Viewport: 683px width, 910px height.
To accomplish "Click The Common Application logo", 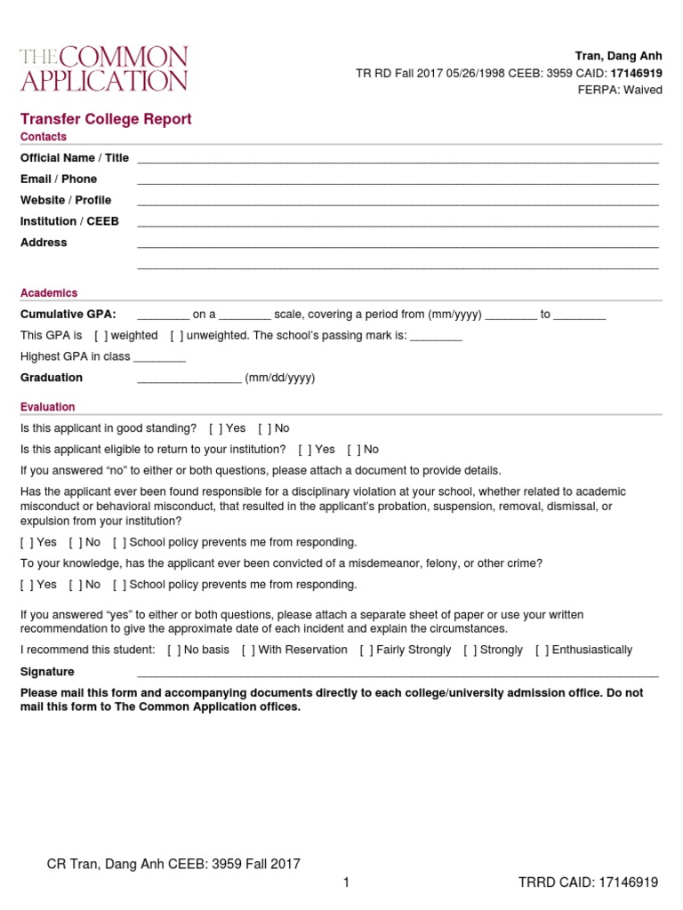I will pos(104,69).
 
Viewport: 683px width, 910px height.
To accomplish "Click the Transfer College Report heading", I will pos(106,119).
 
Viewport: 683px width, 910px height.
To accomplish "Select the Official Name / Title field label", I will pos(75,158).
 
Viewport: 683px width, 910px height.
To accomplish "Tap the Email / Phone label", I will pos(59,180).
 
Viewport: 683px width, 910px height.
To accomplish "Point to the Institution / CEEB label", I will pos(69,221).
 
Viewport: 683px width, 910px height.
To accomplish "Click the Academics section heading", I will pos(49,293).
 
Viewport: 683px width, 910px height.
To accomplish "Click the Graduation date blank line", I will pos(189,379).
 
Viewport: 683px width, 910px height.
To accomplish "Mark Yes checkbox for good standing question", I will pos(216,428).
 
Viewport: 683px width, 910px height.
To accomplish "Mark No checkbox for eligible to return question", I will pos(353,450).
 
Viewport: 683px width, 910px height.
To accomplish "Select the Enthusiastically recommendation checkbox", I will pos(542,651).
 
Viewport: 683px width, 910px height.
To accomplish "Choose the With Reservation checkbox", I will pos(248,651).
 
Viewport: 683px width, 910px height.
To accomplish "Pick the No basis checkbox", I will pos(174,651).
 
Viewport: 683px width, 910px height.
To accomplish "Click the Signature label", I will pos(47,672).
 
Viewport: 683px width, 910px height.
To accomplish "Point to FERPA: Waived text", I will pos(620,91).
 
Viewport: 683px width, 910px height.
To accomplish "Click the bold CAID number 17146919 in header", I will pos(636,73).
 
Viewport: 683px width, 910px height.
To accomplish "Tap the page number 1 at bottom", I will pos(346,882).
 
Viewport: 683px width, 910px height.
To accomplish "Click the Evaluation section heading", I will pos(48,407).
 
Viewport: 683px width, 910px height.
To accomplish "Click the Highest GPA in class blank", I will pos(159,357).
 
